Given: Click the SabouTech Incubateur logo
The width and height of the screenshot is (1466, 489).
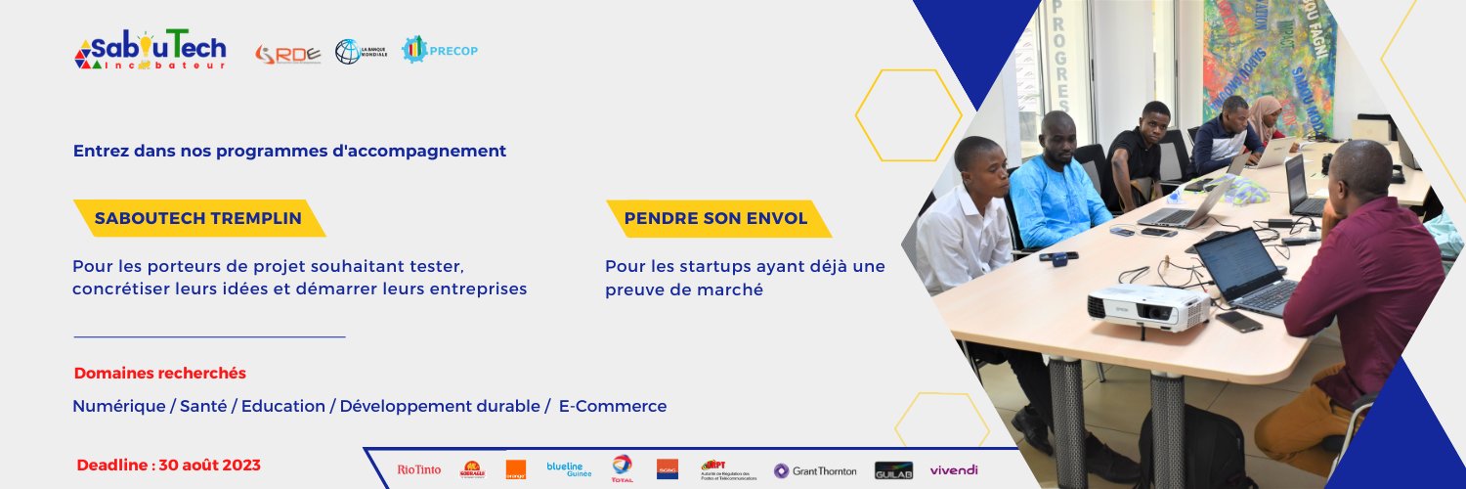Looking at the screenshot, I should click(x=151, y=49).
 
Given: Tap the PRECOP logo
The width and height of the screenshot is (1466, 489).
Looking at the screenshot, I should click(x=440, y=50).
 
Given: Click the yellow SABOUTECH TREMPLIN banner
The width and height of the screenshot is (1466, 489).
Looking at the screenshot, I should click(x=198, y=218).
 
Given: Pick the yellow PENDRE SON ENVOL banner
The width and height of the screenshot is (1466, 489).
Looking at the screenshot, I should click(x=717, y=218).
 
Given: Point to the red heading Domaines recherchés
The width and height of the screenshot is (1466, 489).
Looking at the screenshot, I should click(x=160, y=374).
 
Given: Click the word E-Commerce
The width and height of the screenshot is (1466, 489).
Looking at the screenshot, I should click(x=613, y=406).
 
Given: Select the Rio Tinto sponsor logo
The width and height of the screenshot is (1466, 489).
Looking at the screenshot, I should click(x=418, y=470).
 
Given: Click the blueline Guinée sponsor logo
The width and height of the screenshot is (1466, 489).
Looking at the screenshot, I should click(x=569, y=469).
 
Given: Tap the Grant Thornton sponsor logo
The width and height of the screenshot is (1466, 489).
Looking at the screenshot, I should click(x=815, y=471).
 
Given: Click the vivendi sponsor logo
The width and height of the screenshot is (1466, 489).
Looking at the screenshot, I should click(x=954, y=470).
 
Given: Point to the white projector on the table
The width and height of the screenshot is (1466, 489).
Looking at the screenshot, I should click(x=1147, y=306).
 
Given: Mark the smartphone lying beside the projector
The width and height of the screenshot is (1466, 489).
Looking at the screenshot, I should click(x=1239, y=322).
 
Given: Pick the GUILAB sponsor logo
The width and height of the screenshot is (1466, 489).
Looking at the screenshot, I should click(x=893, y=471).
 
